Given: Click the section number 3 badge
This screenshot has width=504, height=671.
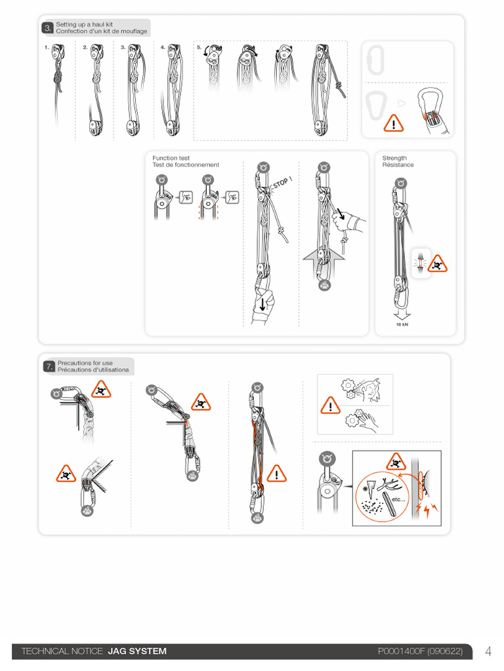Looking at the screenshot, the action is pos(47,28).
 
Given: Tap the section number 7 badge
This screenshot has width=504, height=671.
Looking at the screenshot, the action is pos(49,366).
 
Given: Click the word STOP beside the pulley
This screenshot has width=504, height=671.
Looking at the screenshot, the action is pos(281,183).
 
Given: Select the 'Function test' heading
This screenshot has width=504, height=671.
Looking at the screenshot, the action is pos(171,158).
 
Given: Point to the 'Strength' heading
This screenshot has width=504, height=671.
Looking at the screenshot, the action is pos(394,158).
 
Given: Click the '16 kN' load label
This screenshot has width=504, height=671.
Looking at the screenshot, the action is pos(402,324).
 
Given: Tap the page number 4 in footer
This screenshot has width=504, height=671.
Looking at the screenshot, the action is pos(488,651).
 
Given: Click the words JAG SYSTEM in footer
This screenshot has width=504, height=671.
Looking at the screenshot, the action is pos(137,651).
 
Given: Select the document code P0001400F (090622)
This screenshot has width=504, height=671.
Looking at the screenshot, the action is pos(420,651).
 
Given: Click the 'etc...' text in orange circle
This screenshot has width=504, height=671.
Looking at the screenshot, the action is pos(398,499).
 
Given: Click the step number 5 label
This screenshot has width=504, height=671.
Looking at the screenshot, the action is pos(199,47).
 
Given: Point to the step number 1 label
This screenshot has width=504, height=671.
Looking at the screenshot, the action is pos(47,47).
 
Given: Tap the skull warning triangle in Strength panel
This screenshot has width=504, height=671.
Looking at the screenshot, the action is pos(437,264).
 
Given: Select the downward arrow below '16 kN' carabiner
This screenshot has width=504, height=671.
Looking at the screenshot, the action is pos(402,315).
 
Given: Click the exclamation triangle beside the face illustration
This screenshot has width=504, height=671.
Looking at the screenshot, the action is pos(331,405).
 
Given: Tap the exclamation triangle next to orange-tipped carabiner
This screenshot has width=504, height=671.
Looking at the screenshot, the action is pos(394,123).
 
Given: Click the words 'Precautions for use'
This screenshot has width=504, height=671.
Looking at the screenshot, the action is pos(85,363).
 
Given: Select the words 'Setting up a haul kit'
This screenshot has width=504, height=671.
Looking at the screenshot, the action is pos(85,24).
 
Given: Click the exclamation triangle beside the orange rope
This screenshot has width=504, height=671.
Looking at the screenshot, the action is pos(276,474).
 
